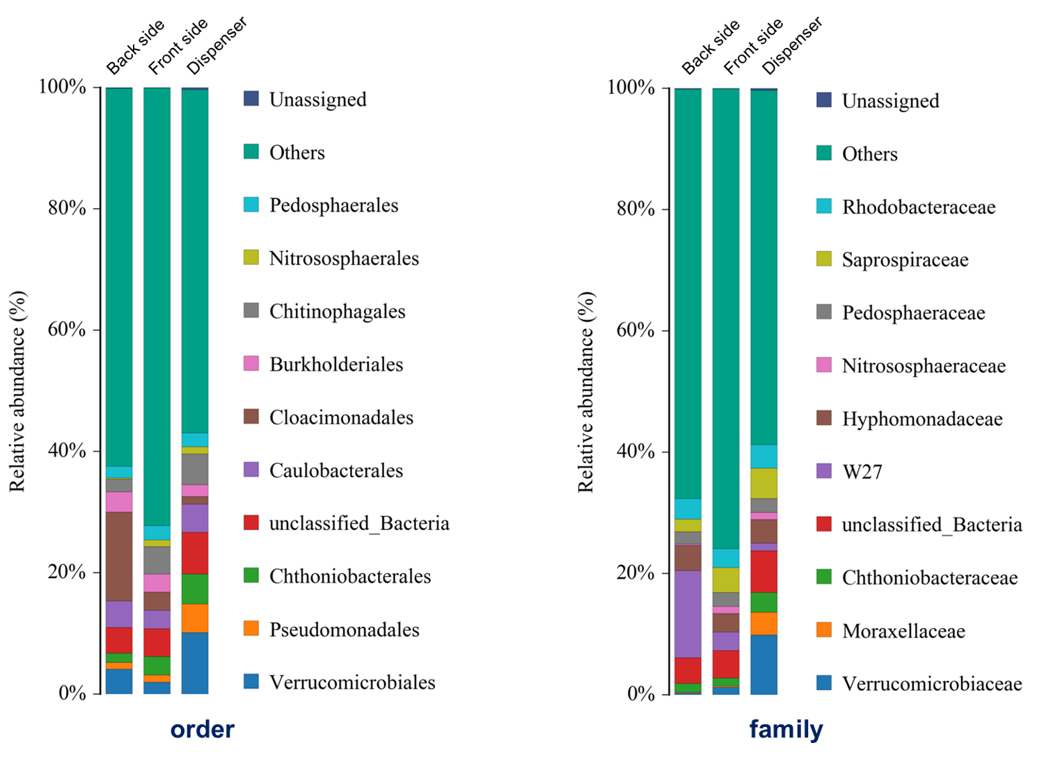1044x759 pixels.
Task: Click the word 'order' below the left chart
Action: point(203,730)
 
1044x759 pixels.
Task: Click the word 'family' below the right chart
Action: point(786,730)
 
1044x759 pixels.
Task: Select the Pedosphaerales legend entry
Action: point(333,205)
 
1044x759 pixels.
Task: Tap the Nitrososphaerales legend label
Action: point(344,258)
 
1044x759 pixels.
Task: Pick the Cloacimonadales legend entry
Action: point(341,417)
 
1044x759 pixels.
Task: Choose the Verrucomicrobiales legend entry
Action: point(352,682)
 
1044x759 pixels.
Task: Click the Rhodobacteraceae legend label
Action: point(918,207)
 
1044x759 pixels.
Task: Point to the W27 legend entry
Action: point(862,472)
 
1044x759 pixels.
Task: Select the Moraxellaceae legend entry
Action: point(903,631)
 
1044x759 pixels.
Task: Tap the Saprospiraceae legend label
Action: point(905,260)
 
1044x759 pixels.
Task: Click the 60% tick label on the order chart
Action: point(67,329)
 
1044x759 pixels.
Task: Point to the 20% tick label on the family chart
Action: point(635,573)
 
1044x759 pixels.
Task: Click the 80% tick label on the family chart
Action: point(635,209)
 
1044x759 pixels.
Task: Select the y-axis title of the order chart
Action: point(17,391)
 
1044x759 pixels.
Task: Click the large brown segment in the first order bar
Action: point(119,556)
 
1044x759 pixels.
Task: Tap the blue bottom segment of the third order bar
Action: point(195,662)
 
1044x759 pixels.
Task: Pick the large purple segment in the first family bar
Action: point(688,614)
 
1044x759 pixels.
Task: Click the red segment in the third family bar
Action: point(764,571)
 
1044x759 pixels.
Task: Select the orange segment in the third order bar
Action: point(195,618)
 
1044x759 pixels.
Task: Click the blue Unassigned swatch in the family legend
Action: point(824,100)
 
